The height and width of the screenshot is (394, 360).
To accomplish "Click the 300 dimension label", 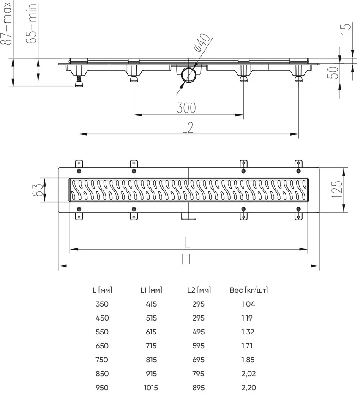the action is [x=186, y=108].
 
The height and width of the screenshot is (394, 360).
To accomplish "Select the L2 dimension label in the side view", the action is [x=188, y=128].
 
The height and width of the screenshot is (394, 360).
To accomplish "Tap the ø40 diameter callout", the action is [x=202, y=42].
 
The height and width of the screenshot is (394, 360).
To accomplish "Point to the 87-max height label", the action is [x=7, y=23].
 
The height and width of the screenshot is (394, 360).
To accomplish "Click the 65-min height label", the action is [x=32, y=23].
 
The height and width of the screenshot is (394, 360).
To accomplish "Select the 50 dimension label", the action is [x=334, y=72].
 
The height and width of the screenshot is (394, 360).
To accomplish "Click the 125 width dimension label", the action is [x=337, y=190].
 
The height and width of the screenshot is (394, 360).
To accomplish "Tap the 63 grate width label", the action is [x=38, y=190].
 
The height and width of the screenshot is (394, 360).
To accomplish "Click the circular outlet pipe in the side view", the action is [x=188, y=75].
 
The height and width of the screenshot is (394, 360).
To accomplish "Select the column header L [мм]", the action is [x=102, y=290].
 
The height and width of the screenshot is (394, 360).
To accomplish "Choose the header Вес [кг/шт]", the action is [x=248, y=290].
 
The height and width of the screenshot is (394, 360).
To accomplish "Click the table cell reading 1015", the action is [x=151, y=388].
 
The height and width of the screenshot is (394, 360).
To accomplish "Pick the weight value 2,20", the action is [x=248, y=388].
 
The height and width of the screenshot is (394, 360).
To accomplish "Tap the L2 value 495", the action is [x=198, y=332].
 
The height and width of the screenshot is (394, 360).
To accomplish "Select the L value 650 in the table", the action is [x=102, y=346].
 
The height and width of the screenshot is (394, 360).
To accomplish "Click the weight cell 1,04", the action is [x=248, y=304].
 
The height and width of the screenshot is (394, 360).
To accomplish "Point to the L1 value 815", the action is [x=151, y=359].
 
